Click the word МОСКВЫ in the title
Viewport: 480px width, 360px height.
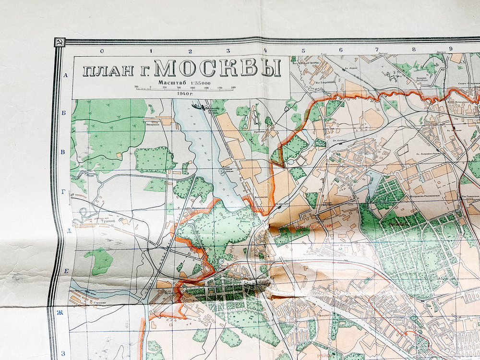pos(218,69)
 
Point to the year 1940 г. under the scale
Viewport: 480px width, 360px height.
pos(184,94)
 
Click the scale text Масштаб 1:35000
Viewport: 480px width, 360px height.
pos(184,82)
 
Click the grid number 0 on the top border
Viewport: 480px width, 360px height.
pos(102,50)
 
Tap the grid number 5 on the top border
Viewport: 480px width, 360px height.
pos(303,50)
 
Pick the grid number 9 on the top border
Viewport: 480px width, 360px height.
pos(451,48)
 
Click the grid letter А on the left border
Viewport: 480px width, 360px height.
pos(66,75)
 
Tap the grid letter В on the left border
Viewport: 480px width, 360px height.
pos(62,152)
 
